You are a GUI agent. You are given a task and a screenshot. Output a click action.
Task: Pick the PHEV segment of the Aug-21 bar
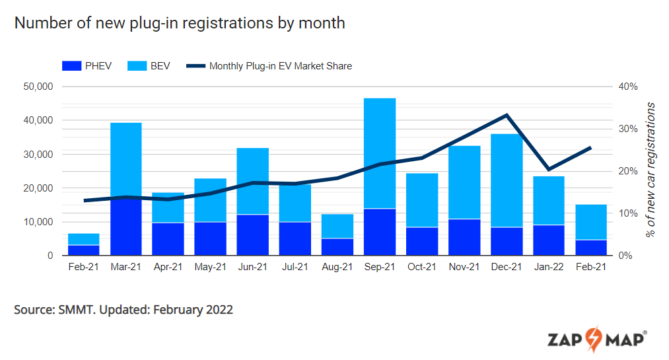click(337, 246)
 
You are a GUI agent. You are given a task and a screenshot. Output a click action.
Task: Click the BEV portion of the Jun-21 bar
click(253, 181)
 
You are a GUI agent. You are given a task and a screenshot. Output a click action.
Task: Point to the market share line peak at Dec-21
click(507, 116)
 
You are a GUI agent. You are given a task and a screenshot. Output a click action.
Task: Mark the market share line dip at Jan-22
click(548, 169)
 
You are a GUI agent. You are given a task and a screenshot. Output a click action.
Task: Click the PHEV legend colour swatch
click(71, 66)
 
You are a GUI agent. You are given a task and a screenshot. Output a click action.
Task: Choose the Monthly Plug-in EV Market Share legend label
click(281, 66)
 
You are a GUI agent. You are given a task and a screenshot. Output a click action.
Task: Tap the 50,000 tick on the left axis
click(37, 87)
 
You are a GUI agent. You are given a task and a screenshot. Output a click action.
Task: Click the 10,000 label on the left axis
click(37, 222)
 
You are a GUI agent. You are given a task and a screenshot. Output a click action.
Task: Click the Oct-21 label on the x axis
click(422, 268)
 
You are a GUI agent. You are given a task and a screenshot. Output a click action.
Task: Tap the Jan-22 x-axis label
click(549, 268)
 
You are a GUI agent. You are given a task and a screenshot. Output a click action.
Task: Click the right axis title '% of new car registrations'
click(651, 170)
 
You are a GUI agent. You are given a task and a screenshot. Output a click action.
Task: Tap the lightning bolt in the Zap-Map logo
click(592, 339)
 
